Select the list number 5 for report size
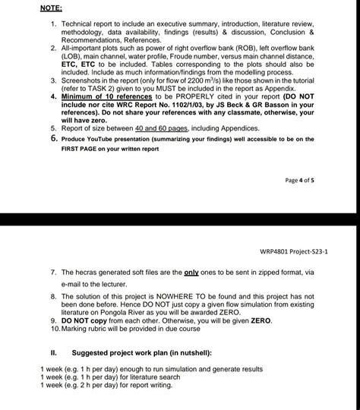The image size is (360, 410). point(54,128)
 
